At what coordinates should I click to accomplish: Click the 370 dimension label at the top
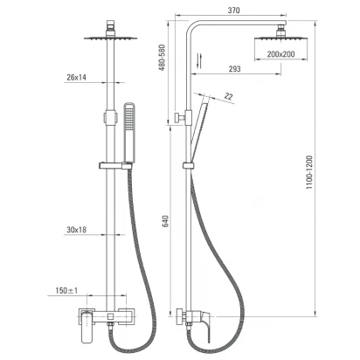233,10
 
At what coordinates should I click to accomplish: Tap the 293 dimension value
234,69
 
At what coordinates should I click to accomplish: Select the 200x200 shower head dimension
280,54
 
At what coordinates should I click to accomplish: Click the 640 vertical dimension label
165,221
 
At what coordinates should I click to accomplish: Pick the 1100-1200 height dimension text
309,172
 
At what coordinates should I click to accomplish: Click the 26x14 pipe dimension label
76,77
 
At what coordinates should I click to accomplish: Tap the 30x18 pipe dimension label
76,230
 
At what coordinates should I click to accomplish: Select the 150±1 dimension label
66,290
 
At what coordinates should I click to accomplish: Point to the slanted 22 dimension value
229,96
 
